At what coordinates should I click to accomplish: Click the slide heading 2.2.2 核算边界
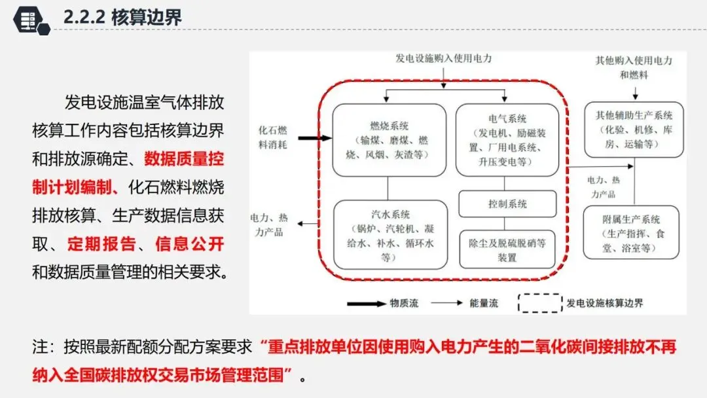(122, 18)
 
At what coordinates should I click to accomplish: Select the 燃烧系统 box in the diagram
(389, 139)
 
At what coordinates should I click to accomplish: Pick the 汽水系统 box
(390, 234)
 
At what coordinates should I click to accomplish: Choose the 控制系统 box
(507, 204)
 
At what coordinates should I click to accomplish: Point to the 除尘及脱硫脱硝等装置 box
(507, 249)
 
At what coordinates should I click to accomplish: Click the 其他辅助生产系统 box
(634, 129)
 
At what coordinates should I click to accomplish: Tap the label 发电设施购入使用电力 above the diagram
(443, 58)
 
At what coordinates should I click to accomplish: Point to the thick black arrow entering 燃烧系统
(314, 138)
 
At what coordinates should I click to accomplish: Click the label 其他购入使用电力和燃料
(634, 67)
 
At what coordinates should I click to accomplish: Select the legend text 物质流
(404, 304)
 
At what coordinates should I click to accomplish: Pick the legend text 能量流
(484, 304)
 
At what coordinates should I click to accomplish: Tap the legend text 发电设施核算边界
(605, 304)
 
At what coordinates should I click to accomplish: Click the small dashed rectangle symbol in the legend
(540, 303)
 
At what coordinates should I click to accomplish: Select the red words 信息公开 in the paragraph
(190, 245)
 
